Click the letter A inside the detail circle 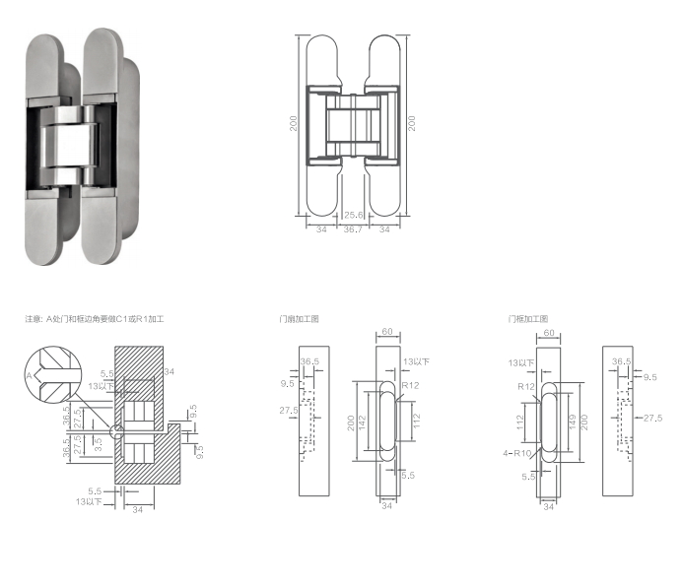click(x=30, y=376)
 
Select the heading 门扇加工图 click(x=300, y=319)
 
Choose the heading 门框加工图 click(x=527, y=319)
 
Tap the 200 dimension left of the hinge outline click(x=293, y=124)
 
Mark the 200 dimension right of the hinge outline click(x=412, y=124)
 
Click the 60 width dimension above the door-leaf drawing click(x=387, y=333)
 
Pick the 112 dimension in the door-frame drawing click(x=519, y=422)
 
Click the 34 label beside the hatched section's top click(x=169, y=371)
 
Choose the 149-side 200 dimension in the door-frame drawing click(x=585, y=422)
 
